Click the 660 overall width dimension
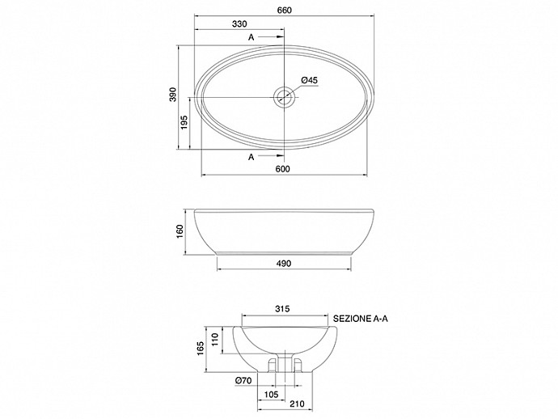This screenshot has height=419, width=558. click(x=285, y=11)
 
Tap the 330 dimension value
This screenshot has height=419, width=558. click(x=239, y=23)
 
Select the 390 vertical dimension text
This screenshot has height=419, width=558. click(x=173, y=95)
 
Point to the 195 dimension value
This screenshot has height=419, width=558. click(x=184, y=122)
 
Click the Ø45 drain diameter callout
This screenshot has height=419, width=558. click(x=309, y=80)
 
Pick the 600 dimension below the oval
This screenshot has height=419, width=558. click(x=283, y=169)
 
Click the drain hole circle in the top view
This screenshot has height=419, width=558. click(x=284, y=97)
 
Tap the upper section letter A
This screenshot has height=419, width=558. click(x=252, y=37)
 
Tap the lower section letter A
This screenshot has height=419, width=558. click(x=252, y=157)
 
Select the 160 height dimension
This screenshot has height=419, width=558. click(x=180, y=232)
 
